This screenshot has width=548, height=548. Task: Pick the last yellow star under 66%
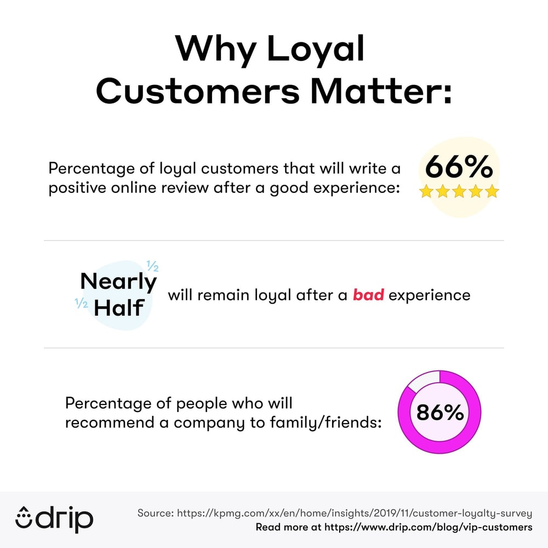(492, 191)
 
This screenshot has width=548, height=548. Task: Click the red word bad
(368, 295)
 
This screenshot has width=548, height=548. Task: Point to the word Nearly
(118, 282)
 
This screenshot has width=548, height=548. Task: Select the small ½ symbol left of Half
(81, 302)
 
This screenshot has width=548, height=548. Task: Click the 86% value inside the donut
(440, 412)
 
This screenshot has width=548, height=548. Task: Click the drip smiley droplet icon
(25, 518)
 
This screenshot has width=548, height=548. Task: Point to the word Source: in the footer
(156, 513)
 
